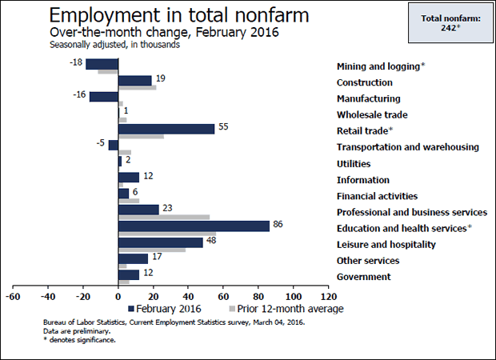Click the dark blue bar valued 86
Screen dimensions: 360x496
coord(194,226)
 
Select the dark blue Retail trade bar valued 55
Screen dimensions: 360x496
coord(166,129)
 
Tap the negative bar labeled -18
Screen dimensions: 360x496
coord(102,65)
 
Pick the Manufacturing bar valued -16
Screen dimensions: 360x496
coord(104,97)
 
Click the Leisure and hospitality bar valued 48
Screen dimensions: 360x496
coord(161,242)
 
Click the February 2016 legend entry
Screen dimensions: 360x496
coord(165,308)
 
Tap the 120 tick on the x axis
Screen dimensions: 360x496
coord(327,294)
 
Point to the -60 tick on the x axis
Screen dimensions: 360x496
coord(12,294)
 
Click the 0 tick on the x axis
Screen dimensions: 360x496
coord(118,294)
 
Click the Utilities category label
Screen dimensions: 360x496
coord(354,163)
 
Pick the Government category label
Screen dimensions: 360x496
coord(364,277)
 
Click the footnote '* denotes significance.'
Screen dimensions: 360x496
coord(79,340)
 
